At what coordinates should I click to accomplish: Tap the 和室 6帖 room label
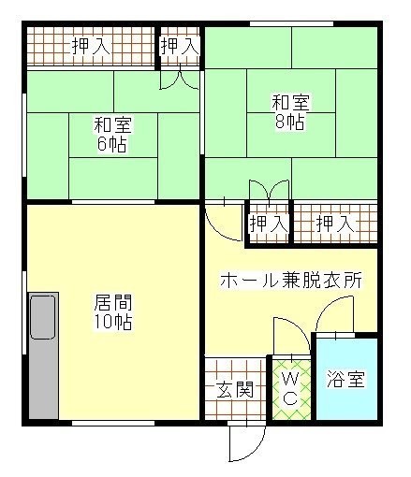pyautogui.click(x=111, y=134)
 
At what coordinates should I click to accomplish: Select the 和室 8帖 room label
pyautogui.click(x=290, y=111)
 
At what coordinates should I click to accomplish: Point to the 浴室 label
pyautogui.click(x=345, y=380)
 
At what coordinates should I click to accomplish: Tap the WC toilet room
pyautogui.click(x=290, y=388)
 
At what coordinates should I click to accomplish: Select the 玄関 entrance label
pyautogui.click(x=235, y=389)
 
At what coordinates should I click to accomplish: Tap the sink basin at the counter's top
pyautogui.click(x=43, y=316)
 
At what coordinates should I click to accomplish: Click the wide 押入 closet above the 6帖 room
pyautogui.click(x=90, y=46)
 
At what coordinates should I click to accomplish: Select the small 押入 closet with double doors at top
pyautogui.click(x=179, y=45)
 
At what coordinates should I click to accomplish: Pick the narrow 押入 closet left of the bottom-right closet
pyautogui.click(x=268, y=224)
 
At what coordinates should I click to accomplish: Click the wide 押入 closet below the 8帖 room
pyautogui.click(x=335, y=224)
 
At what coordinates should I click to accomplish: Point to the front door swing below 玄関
pyautogui.click(x=241, y=443)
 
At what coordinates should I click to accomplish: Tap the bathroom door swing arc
pyautogui.click(x=332, y=318)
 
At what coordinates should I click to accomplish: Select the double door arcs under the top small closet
pyautogui.click(x=179, y=79)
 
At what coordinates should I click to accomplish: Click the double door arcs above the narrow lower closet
pyautogui.click(x=268, y=192)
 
